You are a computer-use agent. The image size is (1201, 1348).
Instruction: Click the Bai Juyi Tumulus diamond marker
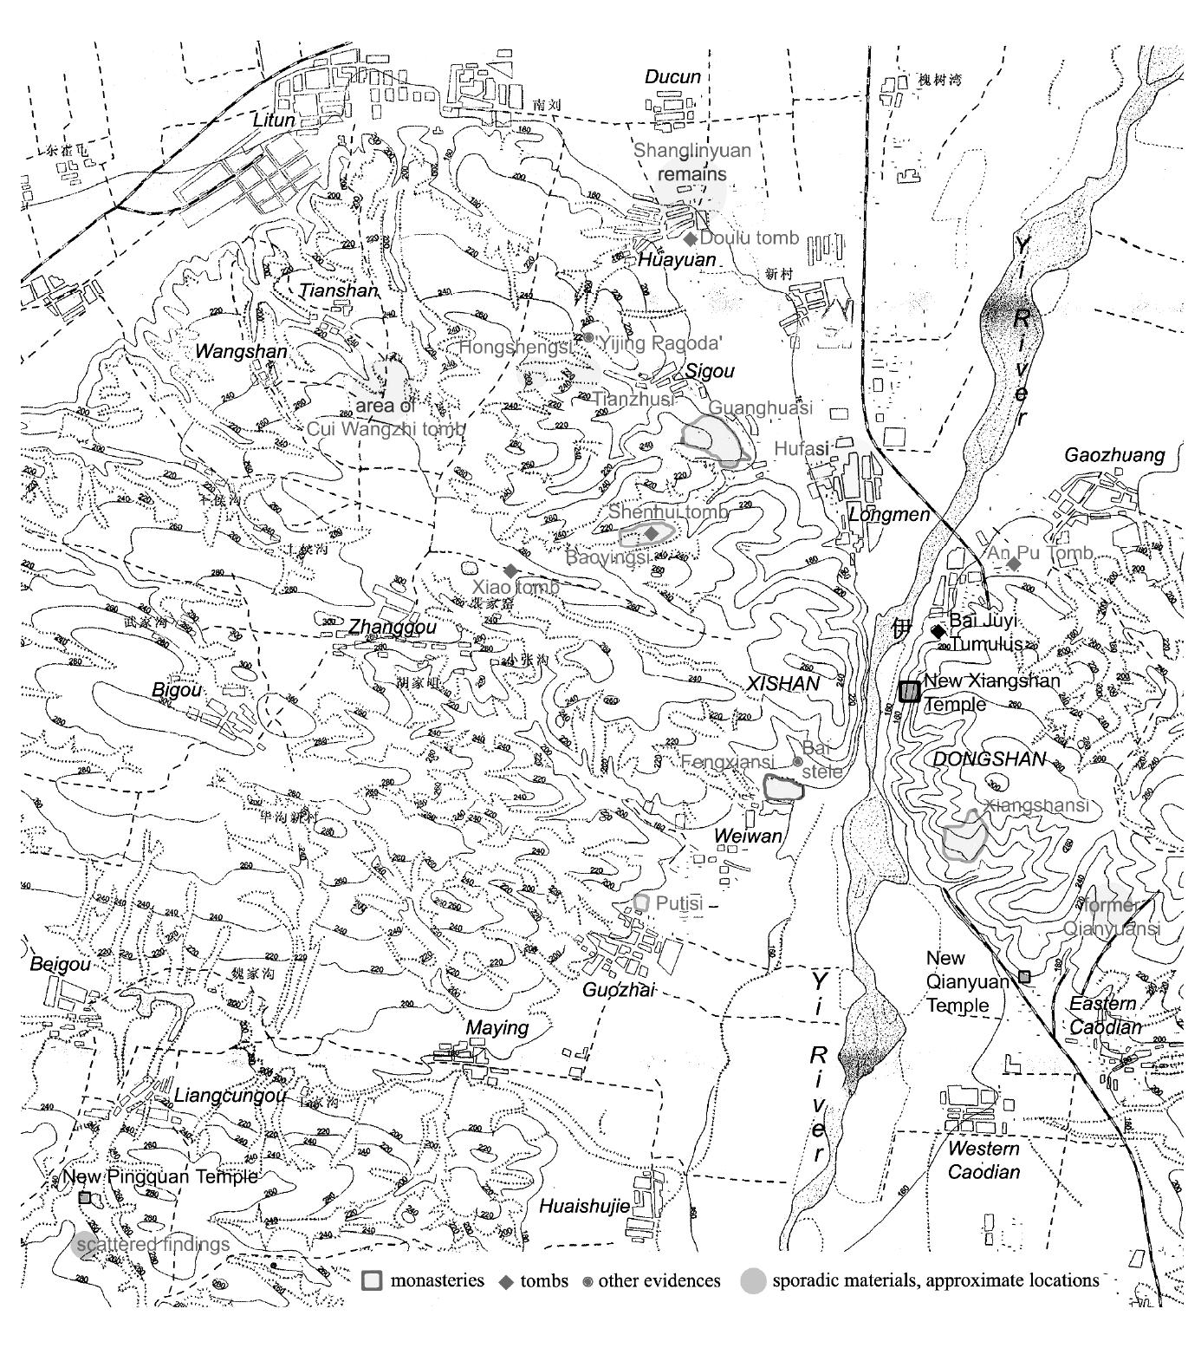[x=938, y=631]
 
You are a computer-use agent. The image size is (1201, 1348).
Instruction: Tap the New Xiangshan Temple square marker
[x=909, y=691]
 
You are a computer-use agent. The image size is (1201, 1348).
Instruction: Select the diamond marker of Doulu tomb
[x=691, y=238]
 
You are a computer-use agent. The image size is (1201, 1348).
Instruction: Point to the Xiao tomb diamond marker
[x=510, y=570]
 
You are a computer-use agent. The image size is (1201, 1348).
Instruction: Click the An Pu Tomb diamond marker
[x=1015, y=563]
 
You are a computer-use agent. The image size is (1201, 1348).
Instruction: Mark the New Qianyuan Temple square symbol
[x=1024, y=977]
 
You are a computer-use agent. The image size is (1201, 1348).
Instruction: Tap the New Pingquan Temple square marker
[x=85, y=1197]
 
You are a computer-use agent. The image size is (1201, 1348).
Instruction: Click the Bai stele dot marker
[x=797, y=761]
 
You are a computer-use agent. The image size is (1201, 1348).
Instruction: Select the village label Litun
[x=274, y=120]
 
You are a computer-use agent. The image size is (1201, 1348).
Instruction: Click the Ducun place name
[x=672, y=77]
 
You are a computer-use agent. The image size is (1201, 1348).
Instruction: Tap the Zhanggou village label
[x=393, y=627]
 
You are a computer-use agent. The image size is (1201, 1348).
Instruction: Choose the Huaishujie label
[x=585, y=1206]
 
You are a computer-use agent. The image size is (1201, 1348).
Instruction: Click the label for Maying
[x=497, y=1027]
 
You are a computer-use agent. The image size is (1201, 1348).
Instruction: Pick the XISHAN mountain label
[x=782, y=684]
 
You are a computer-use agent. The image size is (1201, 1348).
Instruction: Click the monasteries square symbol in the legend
[x=372, y=1280]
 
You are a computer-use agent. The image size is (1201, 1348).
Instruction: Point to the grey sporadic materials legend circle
[x=754, y=1280]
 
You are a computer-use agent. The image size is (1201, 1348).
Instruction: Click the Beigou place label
[x=60, y=964]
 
